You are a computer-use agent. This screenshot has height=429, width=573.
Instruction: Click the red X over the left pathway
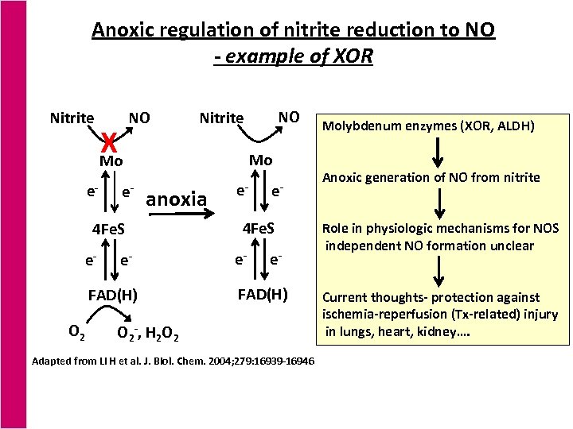coord(109,143)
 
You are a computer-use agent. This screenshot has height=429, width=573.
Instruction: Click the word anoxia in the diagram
coord(177,198)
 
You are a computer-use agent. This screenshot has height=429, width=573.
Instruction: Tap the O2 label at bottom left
coord(77,329)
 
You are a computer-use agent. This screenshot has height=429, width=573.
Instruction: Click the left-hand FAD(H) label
coord(112,296)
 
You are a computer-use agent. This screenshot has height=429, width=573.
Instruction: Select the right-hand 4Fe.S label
coord(259,230)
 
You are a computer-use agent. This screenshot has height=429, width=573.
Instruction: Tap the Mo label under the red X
coord(111,161)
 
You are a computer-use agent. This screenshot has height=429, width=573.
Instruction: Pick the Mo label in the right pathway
coord(260,160)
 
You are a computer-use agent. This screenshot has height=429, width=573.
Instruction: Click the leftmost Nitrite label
coord(72,118)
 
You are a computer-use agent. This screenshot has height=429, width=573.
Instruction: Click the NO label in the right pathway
coord(288,117)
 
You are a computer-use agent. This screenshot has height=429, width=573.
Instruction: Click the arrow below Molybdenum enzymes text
coord(438,151)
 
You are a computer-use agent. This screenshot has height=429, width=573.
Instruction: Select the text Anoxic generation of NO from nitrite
coord(430,177)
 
